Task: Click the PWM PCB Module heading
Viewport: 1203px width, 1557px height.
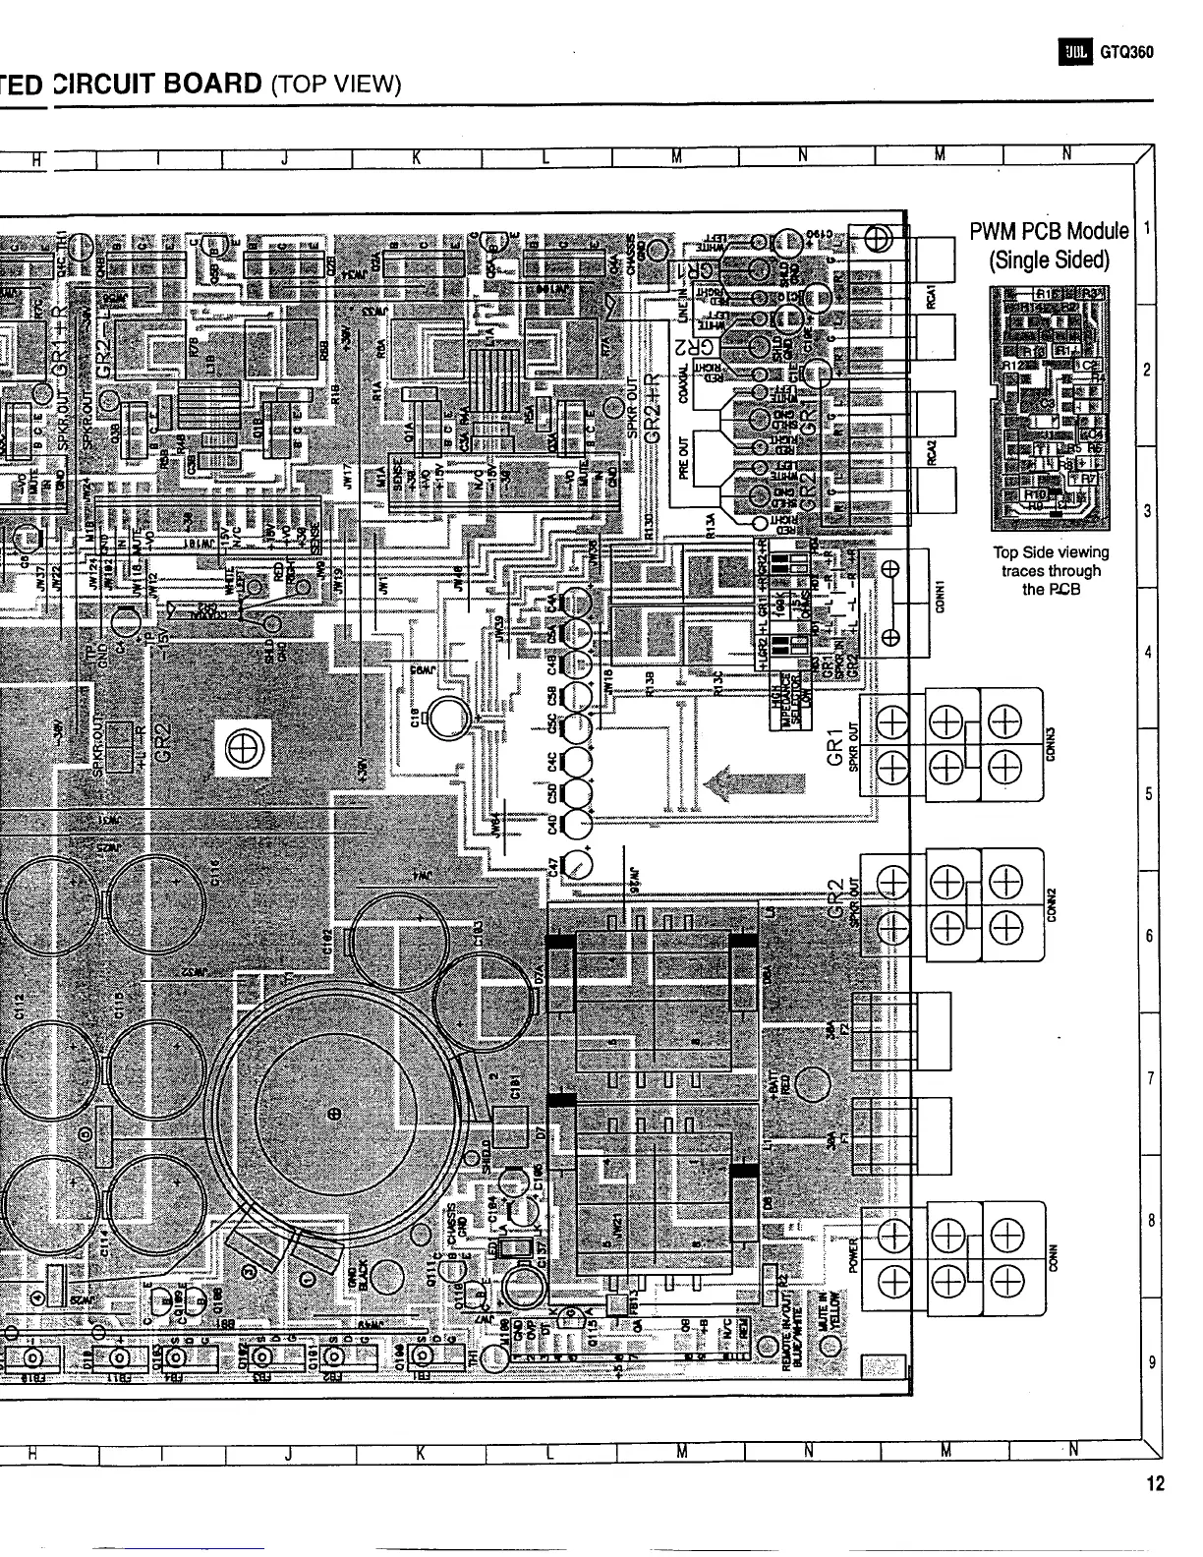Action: click(x=1049, y=232)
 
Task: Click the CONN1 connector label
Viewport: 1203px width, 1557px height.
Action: click(x=941, y=595)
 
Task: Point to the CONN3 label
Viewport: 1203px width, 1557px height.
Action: click(x=1051, y=739)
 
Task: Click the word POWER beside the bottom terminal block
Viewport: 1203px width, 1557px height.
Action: click(x=853, y=1252)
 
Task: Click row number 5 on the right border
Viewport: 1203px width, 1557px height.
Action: click(x=1147, y=794)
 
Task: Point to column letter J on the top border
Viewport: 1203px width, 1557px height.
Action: click(x=284, y=156)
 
